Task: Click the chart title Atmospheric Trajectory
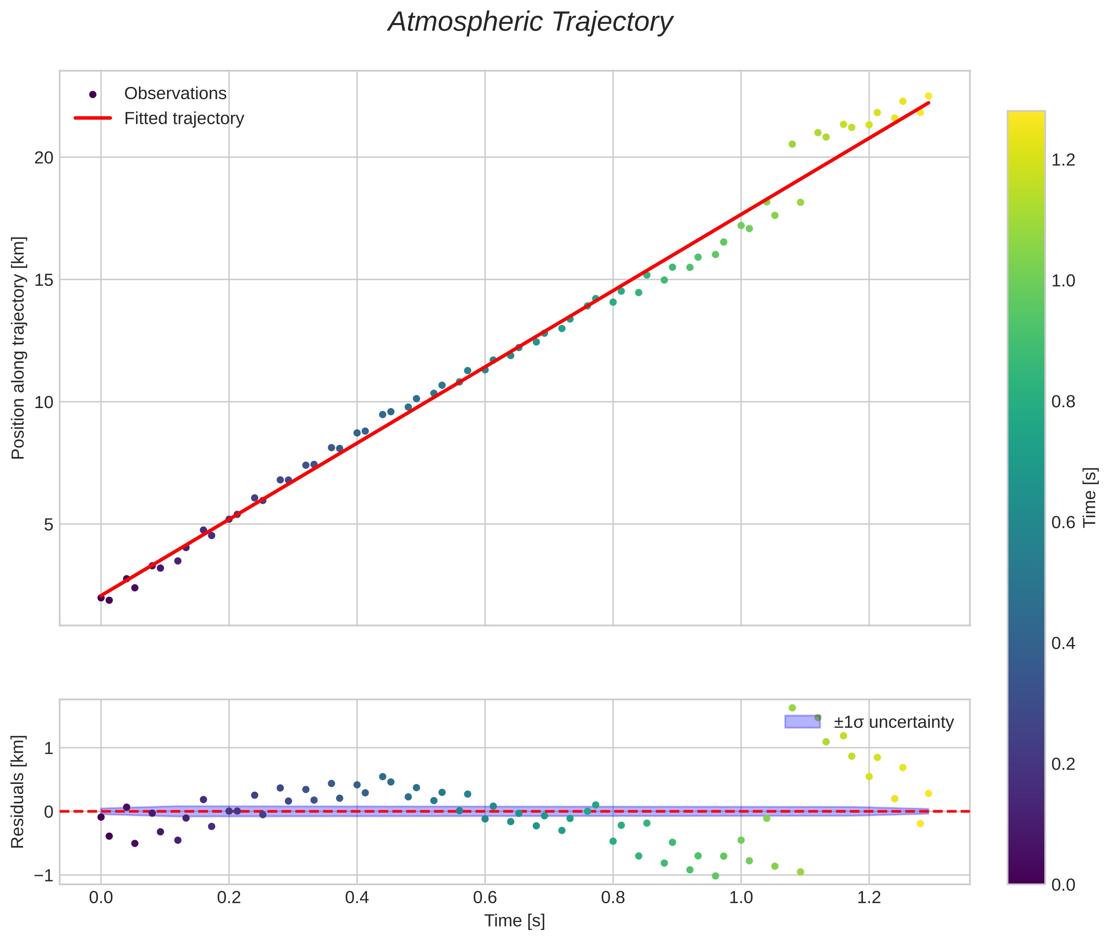530,22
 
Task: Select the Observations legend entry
175,94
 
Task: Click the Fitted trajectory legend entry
184,118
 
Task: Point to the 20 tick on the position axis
44,158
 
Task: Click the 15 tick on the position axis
44,280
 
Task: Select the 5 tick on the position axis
49,524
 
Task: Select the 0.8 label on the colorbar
1063,401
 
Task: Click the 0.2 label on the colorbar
1063,764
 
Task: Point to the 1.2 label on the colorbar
1063,160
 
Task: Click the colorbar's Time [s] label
1090,497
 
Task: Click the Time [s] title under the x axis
514,921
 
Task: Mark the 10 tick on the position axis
44,402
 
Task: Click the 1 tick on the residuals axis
49,749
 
